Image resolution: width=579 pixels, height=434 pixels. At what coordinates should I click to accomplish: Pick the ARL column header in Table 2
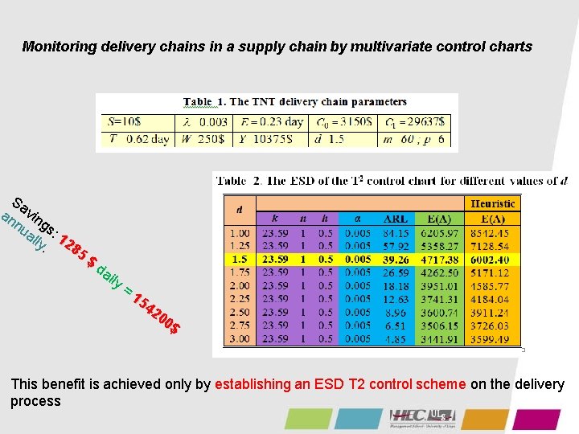click(395, 219)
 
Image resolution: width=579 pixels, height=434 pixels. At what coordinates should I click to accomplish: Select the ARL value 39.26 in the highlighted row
click(395, 260)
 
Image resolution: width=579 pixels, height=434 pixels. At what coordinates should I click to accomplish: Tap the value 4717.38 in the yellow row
click(440, 260)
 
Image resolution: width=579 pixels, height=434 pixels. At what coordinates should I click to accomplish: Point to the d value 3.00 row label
click(240, 339)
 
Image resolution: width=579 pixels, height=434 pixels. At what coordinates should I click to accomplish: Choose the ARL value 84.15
click(395, 232)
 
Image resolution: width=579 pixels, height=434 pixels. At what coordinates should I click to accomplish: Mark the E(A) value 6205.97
click(440, 232)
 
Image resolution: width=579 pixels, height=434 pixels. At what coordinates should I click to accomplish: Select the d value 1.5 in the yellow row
click(240, 260)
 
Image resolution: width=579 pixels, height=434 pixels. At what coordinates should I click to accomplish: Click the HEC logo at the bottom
click(423, 417)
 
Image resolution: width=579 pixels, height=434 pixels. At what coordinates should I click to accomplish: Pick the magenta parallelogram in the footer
click(536, 420)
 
